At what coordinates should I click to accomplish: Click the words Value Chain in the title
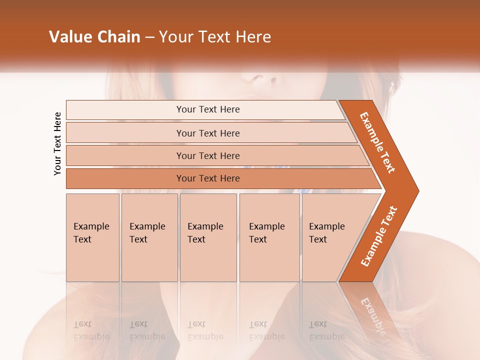click(x=94, y=37)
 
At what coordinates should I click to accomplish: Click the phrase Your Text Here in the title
click(x=215, y=37)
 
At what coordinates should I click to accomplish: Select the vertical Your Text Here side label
click(x=57, y=143)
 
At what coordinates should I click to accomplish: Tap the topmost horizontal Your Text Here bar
click(x=207, y=109)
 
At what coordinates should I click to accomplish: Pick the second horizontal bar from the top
click(x=207, y=133)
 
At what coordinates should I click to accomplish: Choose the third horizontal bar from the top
click(x=207, y=155)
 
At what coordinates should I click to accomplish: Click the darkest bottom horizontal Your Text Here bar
click(x=207, y=178)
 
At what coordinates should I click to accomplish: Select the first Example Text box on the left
click(x=92, y=237)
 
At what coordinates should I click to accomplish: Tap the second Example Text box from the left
click(x=149, y=237)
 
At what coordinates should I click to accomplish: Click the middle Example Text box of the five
click(x=208, y=237)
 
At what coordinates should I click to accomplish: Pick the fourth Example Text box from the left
click(x=269, y=237)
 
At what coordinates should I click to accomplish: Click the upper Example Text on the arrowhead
click(x=377, y=142)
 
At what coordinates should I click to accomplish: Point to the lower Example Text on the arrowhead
click(x=378, y=236)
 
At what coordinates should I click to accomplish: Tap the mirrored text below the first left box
click(x=91, y=330)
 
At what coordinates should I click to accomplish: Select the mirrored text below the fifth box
click(x=326, y=330)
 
